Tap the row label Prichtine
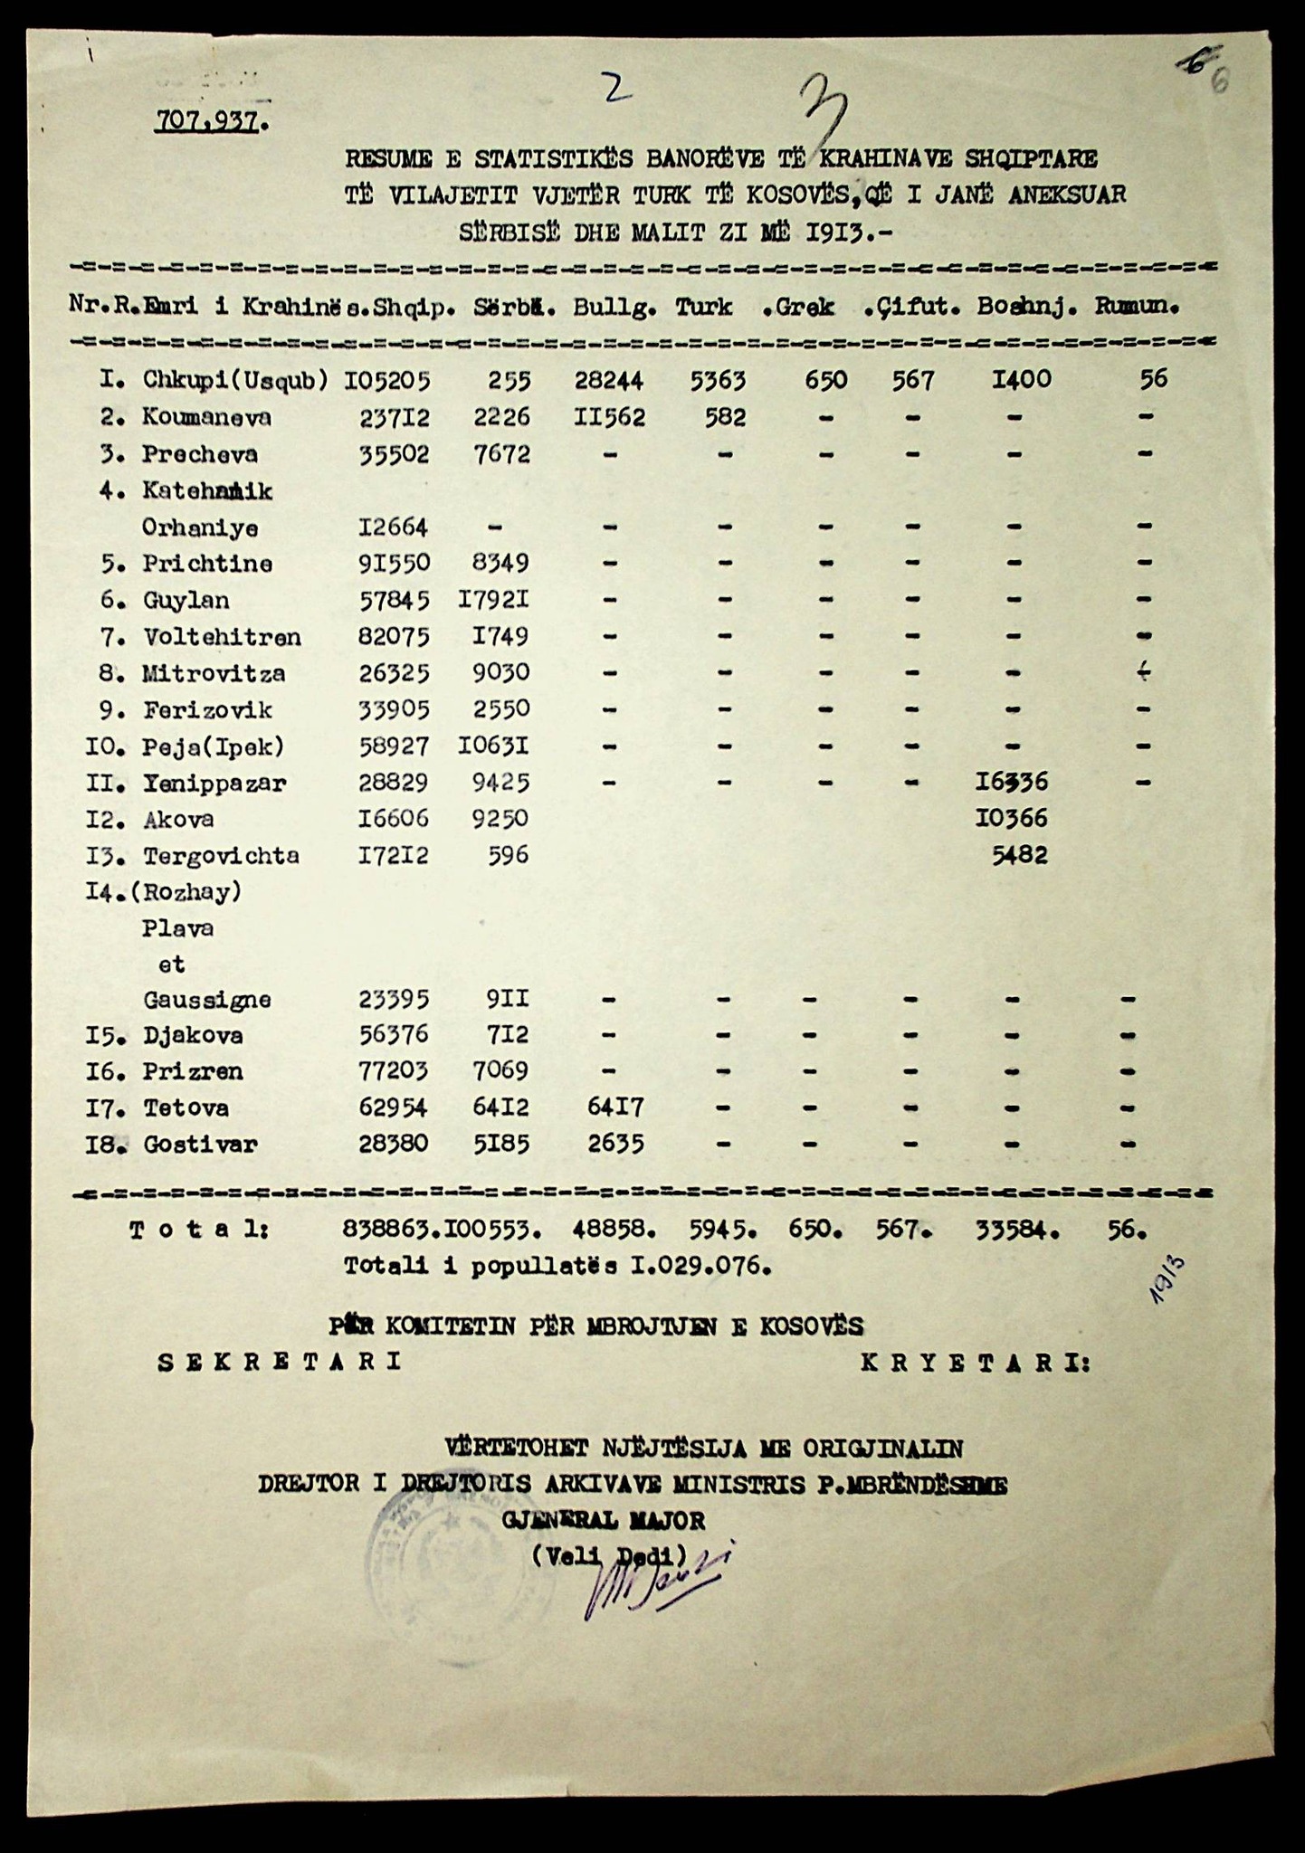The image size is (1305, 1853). [207, 564]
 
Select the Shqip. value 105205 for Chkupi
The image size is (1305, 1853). [387, 380]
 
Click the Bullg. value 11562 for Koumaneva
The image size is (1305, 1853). [609, 417]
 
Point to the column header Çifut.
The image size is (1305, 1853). [918, 307]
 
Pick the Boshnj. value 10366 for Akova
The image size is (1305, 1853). [1011, 819]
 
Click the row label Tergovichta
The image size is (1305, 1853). [221, 856]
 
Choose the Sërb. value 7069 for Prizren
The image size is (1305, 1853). [500, 1071]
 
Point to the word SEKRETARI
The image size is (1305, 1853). [280, 1363]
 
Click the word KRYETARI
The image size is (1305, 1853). [976, 1363]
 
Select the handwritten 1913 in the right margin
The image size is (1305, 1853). [1168, 1279]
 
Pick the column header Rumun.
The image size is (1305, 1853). [1136, 307]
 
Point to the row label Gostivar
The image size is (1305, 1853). [200, 1145]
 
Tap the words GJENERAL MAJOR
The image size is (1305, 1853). [604, 1520]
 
